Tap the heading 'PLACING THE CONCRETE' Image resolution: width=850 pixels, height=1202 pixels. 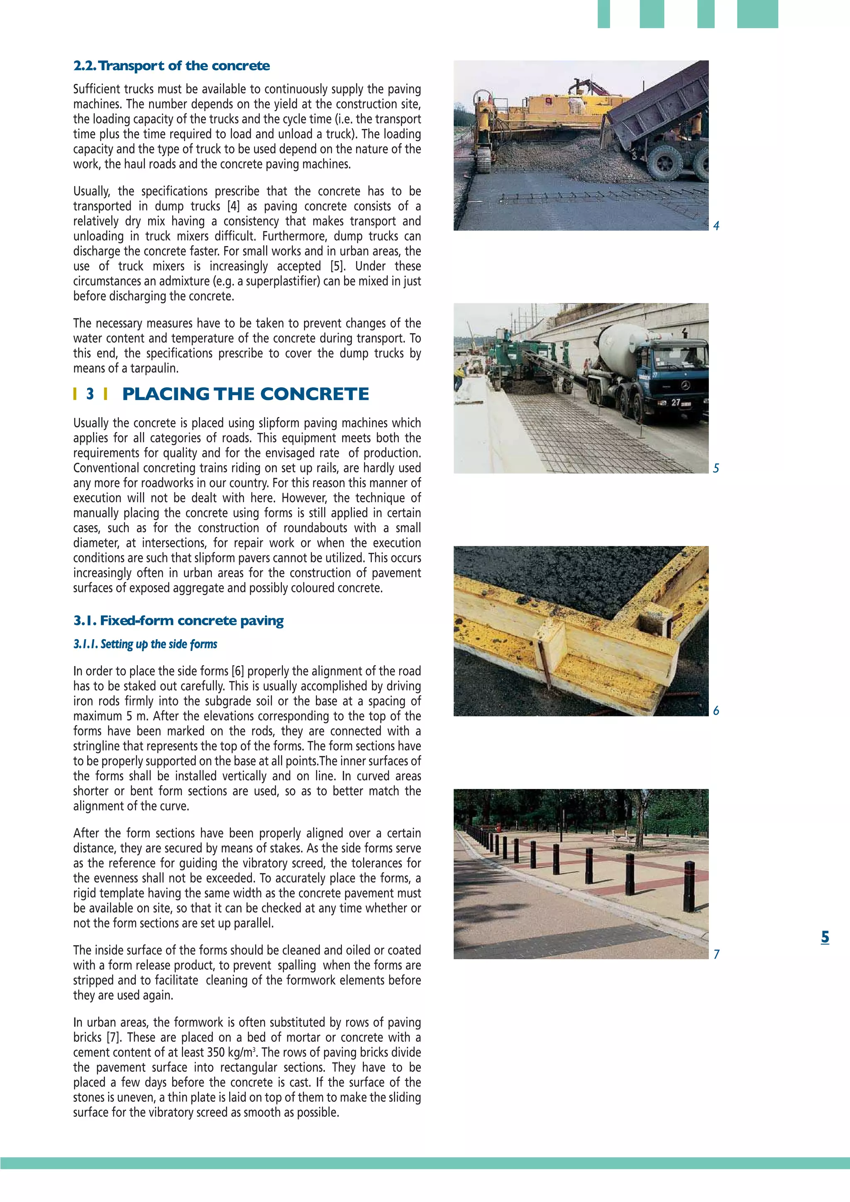pyautogui.click(x=245, y=394)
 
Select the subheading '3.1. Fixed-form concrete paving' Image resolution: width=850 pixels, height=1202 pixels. pyautogui.click(x=178, y=621)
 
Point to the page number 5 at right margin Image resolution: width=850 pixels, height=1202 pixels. pyautogui.click(x=825, y=937)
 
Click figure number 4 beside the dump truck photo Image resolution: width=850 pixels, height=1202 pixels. pyautogui.click(x=716, y=226)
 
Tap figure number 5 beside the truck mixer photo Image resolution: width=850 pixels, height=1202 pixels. pyautogui.click(x=716, y=468)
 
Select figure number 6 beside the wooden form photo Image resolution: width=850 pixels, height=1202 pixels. pyautogui.click(x=716, y=711)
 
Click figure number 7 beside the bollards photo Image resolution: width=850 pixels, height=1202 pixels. pyautogui.click(x=716, y=954)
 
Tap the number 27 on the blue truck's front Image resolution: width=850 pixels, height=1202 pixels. pyautogui.click(x=676, y=402)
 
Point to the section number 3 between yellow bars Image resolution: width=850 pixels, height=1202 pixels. pyautogui.click(x=90, y=394)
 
